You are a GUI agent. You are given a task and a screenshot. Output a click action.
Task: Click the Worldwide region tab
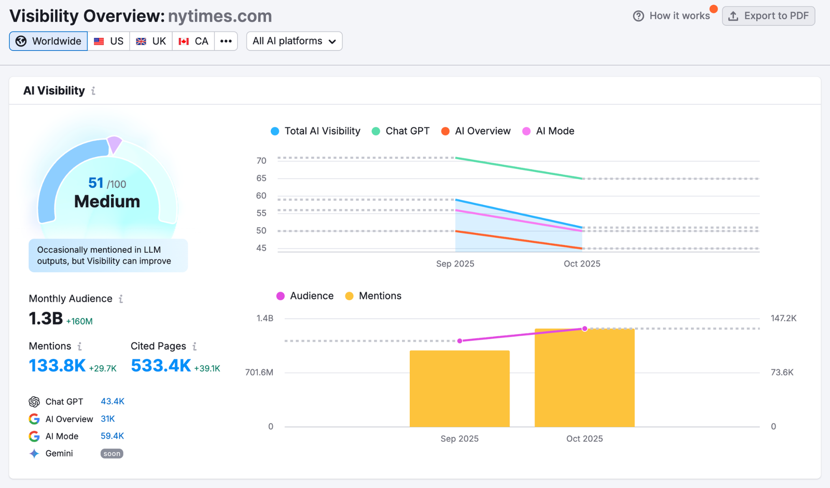click(48, 41)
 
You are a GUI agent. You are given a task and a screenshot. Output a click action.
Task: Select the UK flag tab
click(151, 41)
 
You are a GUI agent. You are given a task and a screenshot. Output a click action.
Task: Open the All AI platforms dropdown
click(294, 41)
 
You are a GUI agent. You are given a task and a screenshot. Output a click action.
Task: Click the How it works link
click(672, 16)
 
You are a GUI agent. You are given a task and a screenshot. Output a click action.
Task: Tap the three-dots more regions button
click(226, 41)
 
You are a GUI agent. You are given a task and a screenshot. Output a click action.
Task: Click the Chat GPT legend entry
click(400, 131)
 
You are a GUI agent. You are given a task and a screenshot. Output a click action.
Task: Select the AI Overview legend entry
click(476, 131)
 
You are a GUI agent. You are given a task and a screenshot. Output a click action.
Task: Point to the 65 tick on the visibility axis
click(261, 178)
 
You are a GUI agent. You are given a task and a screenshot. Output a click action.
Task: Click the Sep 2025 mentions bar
click(460, 389)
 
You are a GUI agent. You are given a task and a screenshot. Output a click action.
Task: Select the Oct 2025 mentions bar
click(585, 379)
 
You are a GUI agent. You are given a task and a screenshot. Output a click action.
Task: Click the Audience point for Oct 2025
click(585, 329)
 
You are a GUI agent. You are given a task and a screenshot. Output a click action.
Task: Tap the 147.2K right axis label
click(783, 318)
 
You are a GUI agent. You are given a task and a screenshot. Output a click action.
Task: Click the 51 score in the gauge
click(96, 183)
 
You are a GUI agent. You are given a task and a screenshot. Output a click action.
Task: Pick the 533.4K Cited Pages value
click(161, 366)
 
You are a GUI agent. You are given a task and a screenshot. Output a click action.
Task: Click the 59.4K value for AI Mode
click(112, 436)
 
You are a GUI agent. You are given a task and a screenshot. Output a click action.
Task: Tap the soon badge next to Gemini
click(112, 454)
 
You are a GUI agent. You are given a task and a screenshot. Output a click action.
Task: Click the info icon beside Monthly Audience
click(121, 299)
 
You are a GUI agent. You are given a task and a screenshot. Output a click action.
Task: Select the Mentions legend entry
click(374, 296)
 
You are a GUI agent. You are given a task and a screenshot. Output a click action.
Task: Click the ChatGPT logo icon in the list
click(34, 402)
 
